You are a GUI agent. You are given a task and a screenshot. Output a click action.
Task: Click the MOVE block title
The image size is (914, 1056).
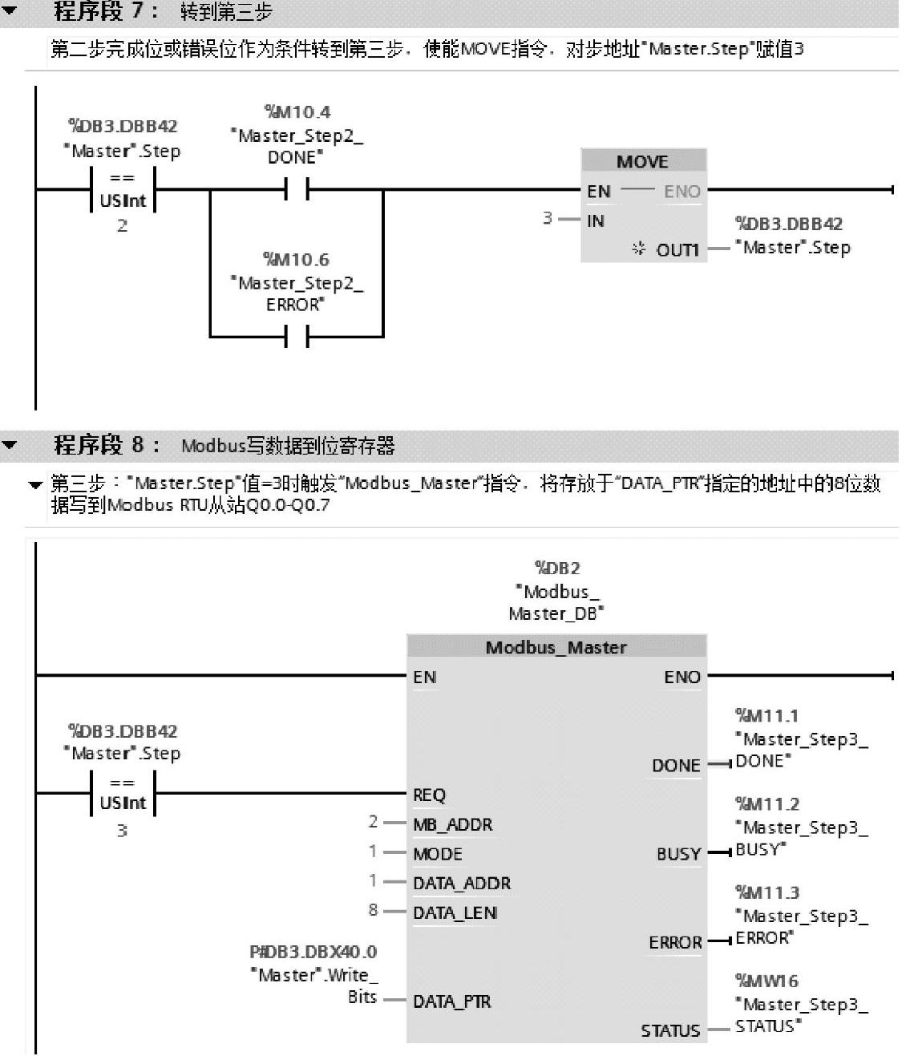point(642,161)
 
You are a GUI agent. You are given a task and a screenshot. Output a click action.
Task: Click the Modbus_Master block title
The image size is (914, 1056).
point(556,647)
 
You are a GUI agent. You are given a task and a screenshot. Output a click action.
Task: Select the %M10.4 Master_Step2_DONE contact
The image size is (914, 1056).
point(297,190)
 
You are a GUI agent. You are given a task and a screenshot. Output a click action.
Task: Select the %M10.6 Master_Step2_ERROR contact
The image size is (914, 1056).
point(297,337)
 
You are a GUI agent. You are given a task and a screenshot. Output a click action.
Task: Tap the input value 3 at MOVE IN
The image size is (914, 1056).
point(547,218)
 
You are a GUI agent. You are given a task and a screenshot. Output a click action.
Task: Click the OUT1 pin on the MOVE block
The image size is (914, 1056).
point(677,249)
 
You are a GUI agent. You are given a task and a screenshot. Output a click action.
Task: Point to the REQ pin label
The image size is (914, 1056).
point(429,795)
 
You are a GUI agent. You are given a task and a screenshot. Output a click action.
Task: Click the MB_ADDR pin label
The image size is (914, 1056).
point(452,824)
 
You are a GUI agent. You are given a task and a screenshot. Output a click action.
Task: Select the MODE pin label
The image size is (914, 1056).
point(437,854)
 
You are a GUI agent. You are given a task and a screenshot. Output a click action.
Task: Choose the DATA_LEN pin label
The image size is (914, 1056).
point(455,912)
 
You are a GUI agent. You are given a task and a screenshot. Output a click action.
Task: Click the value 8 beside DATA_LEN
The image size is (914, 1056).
point(373,910)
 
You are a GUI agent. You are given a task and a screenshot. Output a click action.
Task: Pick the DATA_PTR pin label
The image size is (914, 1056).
point(451,1001)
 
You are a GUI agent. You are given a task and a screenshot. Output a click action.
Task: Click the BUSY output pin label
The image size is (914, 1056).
point(678,854)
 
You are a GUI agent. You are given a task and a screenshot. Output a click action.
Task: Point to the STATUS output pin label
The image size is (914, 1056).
point(669,1030)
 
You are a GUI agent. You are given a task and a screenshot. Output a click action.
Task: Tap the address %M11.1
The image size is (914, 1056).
point(766,715)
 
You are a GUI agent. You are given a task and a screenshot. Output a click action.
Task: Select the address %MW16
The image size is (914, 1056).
point(766,981)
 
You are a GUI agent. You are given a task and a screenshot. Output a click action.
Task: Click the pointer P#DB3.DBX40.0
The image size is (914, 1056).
point(313,952)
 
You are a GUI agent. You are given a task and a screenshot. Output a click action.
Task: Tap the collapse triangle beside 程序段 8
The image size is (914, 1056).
point(10,445)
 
